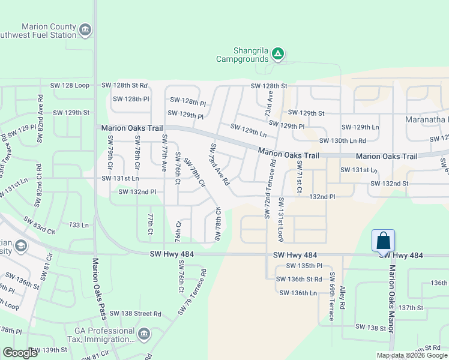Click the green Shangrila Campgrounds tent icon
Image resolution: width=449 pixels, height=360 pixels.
coord(277,55)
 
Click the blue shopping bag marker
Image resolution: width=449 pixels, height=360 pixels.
coord(383,241)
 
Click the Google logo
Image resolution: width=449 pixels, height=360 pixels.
coord(20,353)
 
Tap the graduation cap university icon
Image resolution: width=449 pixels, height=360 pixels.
coord(21,246)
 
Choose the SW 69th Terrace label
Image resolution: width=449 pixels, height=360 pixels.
coord(331,296)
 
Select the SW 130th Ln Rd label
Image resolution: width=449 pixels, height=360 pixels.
coord(342,141)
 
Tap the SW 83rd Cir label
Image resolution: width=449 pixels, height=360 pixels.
coord(39,226)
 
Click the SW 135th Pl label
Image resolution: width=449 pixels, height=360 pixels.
coord(304,265)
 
